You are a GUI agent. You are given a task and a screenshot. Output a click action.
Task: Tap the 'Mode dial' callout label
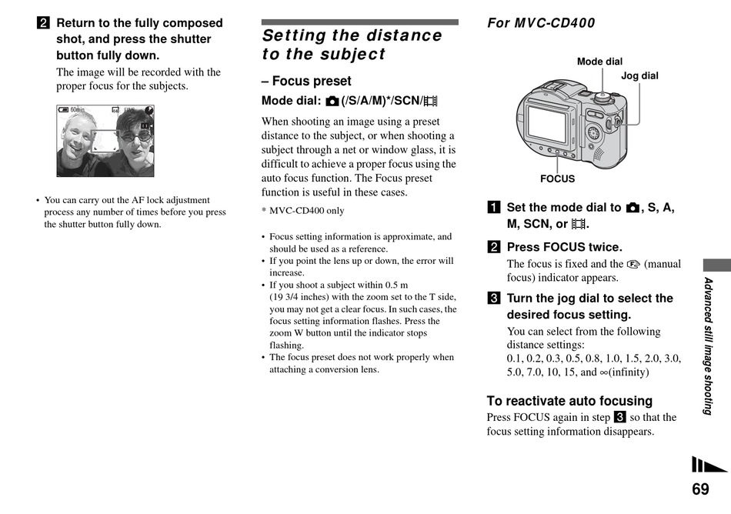[599, 62]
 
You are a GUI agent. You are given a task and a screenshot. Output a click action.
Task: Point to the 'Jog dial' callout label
[639, 75]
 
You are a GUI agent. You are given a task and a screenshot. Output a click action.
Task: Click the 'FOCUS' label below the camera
[557, 179]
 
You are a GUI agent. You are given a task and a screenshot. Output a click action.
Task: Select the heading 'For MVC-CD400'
[541, 23]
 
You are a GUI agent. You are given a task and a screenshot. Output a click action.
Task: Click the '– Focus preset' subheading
[306, 81]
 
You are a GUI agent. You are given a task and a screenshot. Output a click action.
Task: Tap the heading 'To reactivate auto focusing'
[569, 401]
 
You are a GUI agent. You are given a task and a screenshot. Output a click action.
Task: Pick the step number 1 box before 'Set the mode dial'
[493, 208]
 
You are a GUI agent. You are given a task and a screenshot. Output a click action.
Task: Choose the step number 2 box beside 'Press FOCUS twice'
[493, 247]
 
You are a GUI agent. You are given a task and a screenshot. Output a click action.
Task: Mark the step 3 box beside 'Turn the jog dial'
[493, 299]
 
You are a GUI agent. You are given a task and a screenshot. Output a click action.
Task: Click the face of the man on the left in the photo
[76, 135]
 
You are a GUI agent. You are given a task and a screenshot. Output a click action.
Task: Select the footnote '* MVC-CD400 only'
[302, 211]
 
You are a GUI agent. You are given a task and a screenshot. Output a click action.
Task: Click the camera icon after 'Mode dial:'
[332, 101]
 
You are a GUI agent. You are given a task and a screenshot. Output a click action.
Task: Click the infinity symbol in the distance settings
[604, 372]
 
